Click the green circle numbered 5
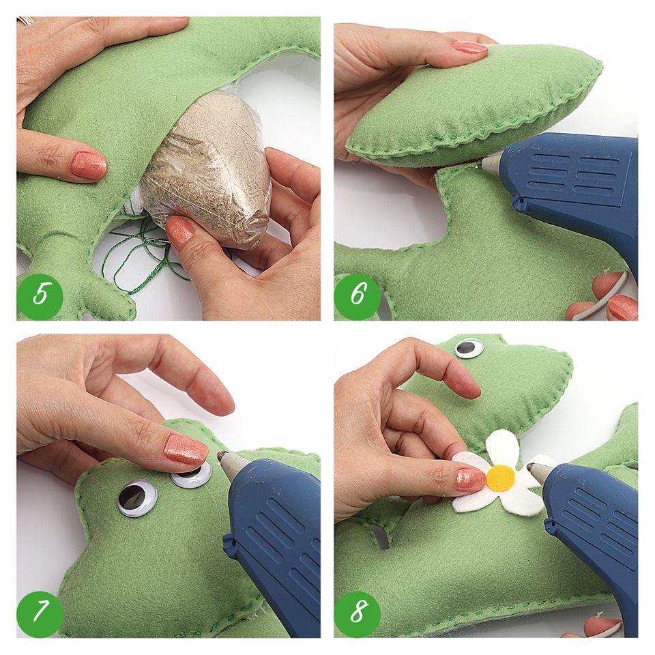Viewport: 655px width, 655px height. [x=40, y=295]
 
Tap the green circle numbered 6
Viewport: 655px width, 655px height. [x=357, y=295]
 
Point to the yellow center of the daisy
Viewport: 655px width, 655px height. [x=501, y=478]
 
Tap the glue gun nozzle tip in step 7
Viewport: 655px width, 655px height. [x=221, y=456]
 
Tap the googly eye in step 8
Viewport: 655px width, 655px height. [x=469, y=347]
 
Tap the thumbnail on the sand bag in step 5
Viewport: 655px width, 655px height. [x=180, y=233]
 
